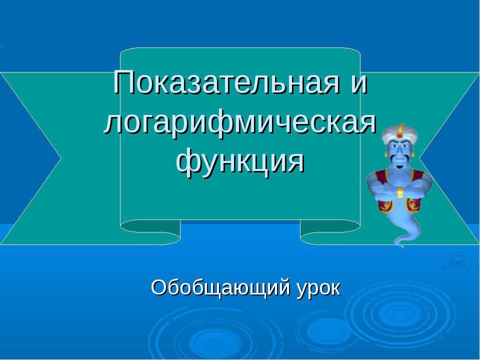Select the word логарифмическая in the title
(240, 122)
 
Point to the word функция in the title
(240, 161)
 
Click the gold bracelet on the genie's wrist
(399, 192)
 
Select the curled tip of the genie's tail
(399, 243)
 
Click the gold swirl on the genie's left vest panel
(413, 203)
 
